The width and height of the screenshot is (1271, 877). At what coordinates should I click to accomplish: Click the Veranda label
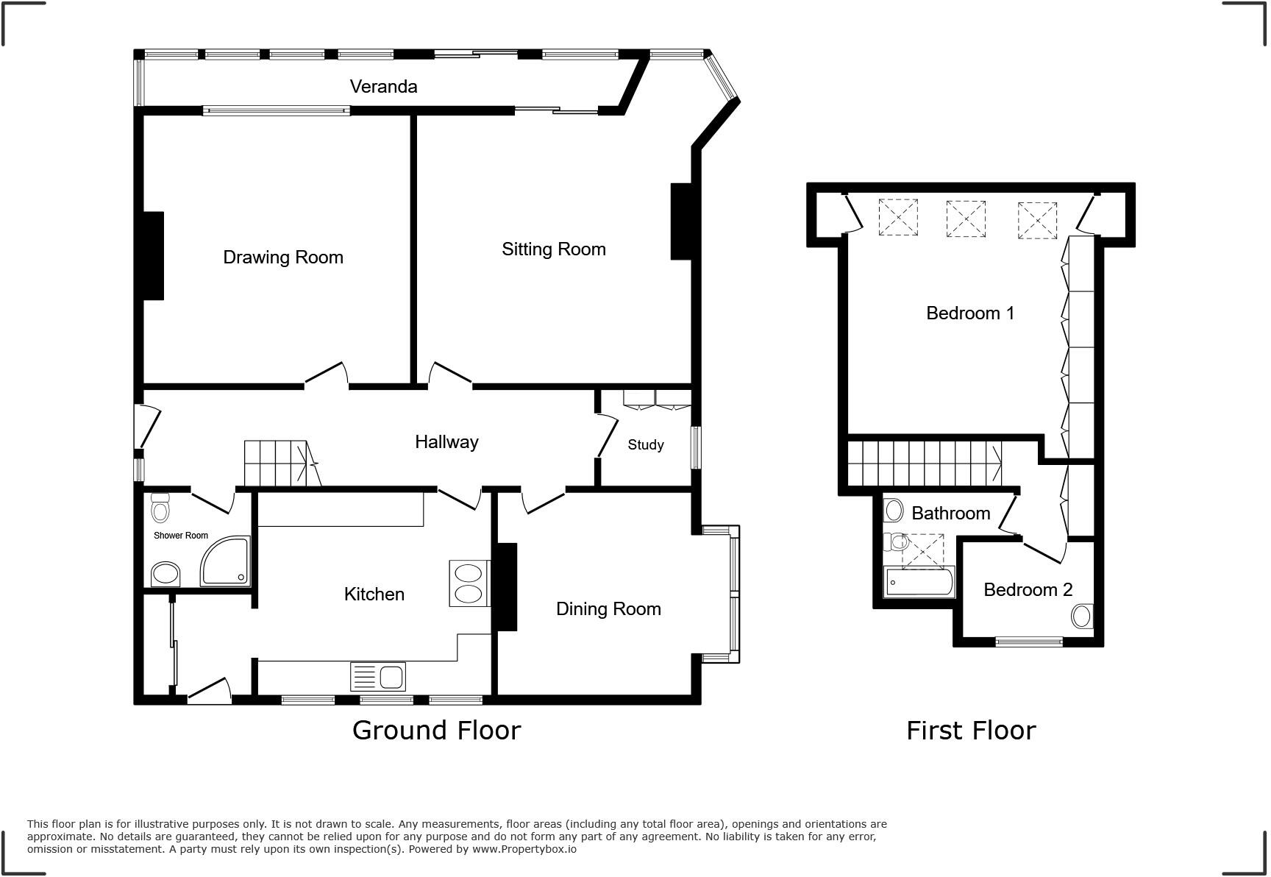coord(383,87)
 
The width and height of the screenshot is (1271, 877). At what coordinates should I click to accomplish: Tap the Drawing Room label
coord(282,258)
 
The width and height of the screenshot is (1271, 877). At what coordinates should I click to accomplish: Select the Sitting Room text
coord(553,249)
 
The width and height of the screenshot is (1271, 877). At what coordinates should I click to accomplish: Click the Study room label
coord(645,445)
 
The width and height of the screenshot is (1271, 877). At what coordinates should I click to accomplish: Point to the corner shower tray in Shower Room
coord(227,562)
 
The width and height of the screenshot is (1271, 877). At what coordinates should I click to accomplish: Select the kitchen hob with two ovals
coord(469,584)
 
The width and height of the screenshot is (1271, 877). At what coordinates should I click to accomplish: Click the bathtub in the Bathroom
coord(919,583)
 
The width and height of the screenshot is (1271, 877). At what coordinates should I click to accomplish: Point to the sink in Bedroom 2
coord(1081,616)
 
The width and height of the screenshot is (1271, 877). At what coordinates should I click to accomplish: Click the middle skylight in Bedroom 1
coord(965,218)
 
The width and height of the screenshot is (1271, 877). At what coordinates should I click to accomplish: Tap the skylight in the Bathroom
coord(923,551)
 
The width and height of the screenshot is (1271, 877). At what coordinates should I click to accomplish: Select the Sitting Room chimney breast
coord(681,221)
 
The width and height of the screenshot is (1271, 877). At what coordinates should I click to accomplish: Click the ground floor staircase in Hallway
coord(280,464)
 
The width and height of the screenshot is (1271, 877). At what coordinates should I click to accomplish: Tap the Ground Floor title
coord(436,731)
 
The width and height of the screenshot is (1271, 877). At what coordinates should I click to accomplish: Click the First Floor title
coord(970,731)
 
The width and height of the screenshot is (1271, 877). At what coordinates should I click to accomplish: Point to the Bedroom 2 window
coord(1028,642)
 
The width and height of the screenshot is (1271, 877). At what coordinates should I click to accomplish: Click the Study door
coord(608,436)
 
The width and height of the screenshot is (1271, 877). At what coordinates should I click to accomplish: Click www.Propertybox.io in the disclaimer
coord(524,849)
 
